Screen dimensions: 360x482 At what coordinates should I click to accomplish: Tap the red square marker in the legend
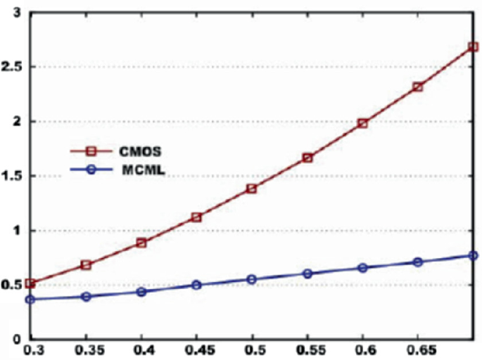tap(89, 150)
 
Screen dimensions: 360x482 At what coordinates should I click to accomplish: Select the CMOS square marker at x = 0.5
tap(252, 188)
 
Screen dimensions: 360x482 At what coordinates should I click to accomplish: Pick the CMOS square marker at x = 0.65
tap(418, 87)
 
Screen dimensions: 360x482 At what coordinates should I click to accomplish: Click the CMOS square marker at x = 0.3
tap(30, 283)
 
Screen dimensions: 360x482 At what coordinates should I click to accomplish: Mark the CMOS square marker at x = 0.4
tap(141, 243)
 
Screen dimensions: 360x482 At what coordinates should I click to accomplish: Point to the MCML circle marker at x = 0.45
tap(197, 285)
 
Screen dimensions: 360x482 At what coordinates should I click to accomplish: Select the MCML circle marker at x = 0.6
tap(363, 268)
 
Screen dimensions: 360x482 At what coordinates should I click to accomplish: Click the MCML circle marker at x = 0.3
tap(30, 300)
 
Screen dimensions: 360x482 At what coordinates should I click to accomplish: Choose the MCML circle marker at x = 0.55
tap(307, 274)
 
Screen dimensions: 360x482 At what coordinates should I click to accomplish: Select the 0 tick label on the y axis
tap(15, 339)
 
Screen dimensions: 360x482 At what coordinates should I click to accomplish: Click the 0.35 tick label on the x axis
tap(86, 349)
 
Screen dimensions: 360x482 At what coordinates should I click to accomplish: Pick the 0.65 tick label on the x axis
tap(418, 349)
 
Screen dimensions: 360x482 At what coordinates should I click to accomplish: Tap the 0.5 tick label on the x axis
tap(252, 349)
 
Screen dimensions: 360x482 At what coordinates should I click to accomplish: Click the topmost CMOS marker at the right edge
tap(473, 47)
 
